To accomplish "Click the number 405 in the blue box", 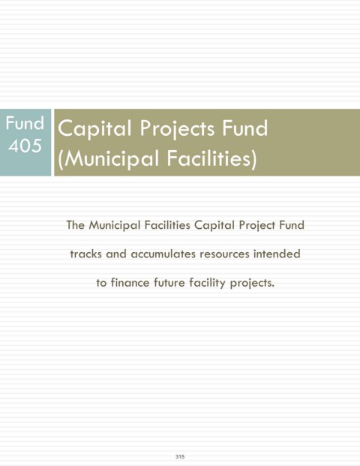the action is tap(25, 146).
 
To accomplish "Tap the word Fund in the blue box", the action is tap(25, 123).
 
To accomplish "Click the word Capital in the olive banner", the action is tap(94, 128).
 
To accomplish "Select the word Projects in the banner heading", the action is tap(177, 128).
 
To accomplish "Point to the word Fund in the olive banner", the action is tap(245, 128).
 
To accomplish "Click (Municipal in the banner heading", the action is tap(109, 158).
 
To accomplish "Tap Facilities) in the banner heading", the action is tap(211, 158).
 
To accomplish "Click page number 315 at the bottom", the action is tap(180, 456).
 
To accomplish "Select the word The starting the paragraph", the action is tap(76, 224).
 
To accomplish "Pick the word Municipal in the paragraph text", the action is tap(114, 225).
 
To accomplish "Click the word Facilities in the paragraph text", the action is tap(167, 224).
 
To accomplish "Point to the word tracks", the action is tap(85, 254).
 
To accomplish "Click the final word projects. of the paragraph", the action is tap(252, 283).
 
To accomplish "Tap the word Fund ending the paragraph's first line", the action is tap(292, 224).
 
